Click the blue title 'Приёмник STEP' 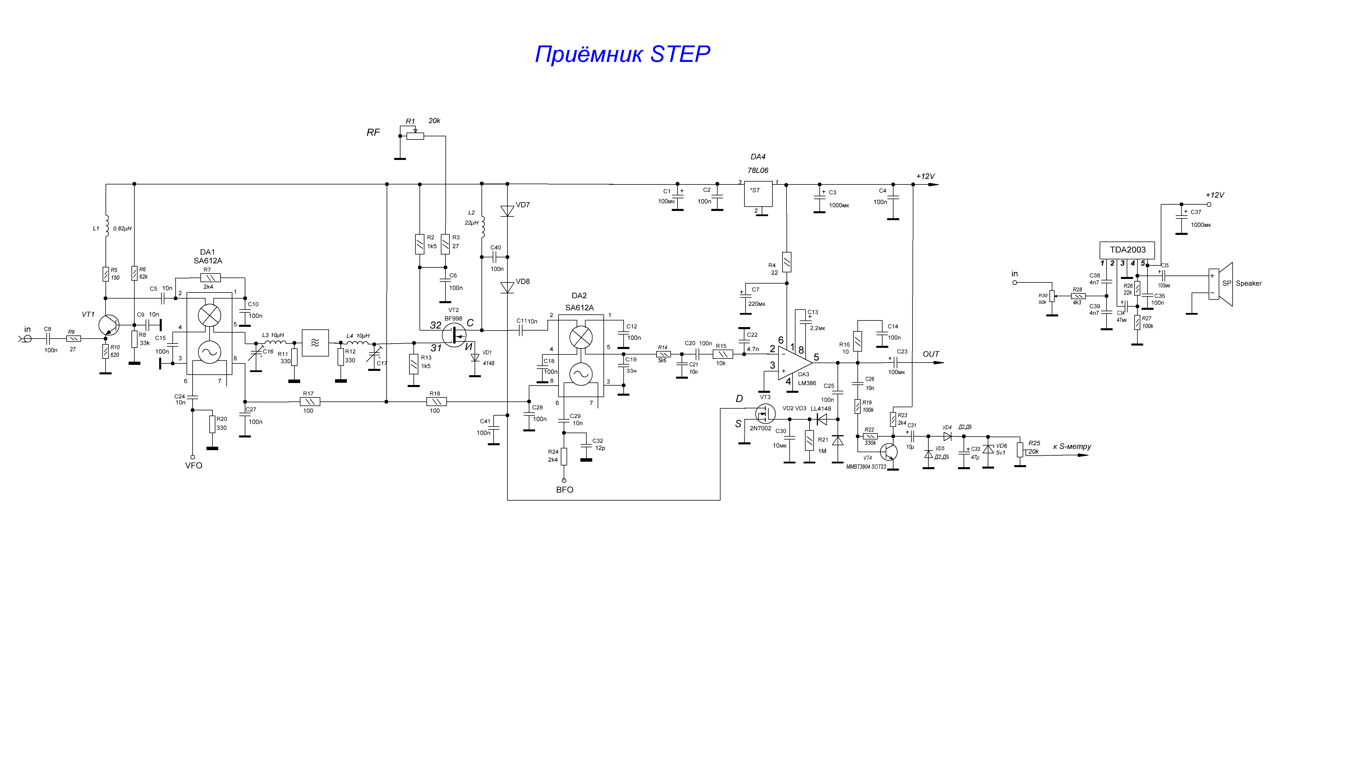622,54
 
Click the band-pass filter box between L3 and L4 315,343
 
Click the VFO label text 194,466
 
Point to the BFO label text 565,490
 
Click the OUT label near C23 931,354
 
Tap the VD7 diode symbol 507,211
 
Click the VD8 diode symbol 507,288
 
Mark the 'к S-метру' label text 1072,447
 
